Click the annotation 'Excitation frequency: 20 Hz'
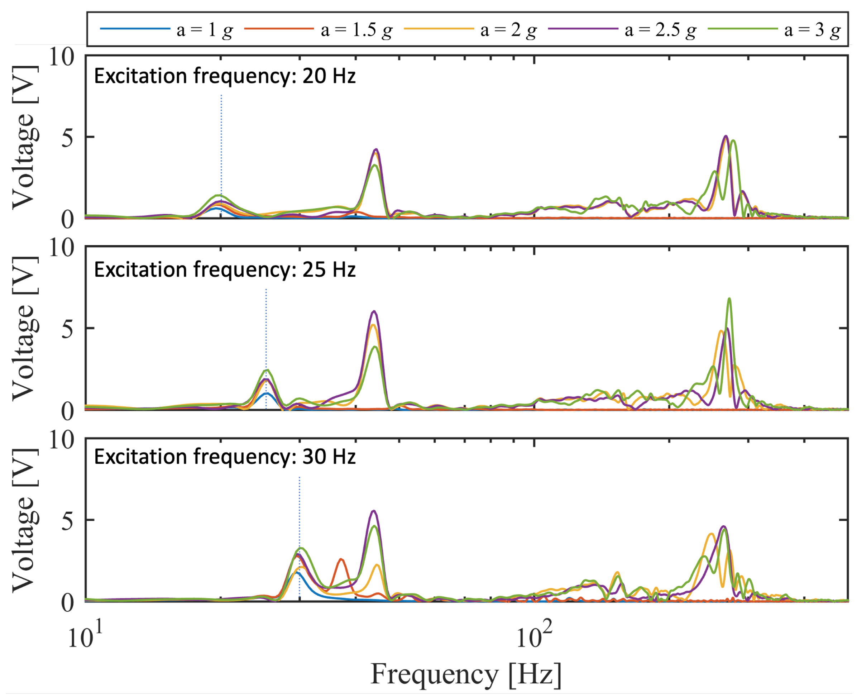pyautogui.click(x=225, y=76)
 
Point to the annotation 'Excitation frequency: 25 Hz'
pyautogui.click(x=225, y=269)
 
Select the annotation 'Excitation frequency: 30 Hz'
pyautogui.click(x=225, y=457)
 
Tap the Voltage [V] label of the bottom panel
pyautogui.click(x=25, y=521)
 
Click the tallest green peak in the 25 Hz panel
pyautogui.click(x=729, y=299)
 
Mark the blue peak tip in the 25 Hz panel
pyautogui.click(x=266, y=393)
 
